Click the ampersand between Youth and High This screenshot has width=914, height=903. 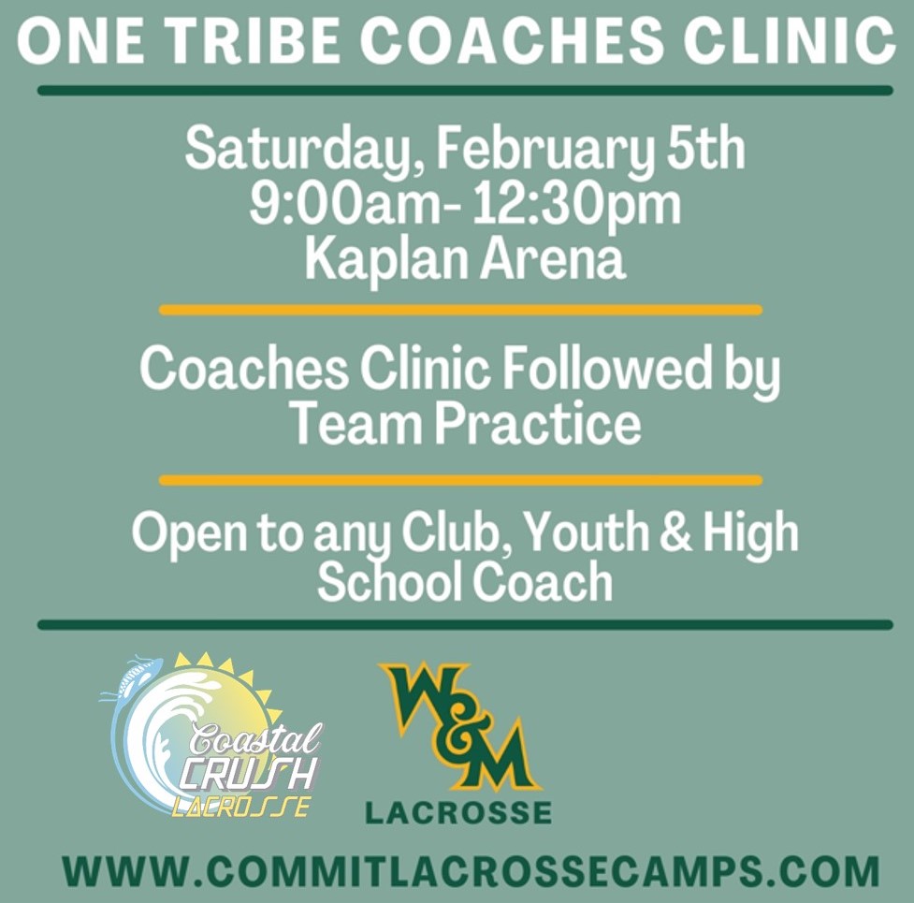(x=676, y=532)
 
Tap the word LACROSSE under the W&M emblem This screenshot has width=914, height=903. (x=458, y=812)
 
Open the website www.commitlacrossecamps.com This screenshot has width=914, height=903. (x=471, y=871)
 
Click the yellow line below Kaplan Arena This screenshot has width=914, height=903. (x=460, y=310)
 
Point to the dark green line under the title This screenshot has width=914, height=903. (x=465, y=91)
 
